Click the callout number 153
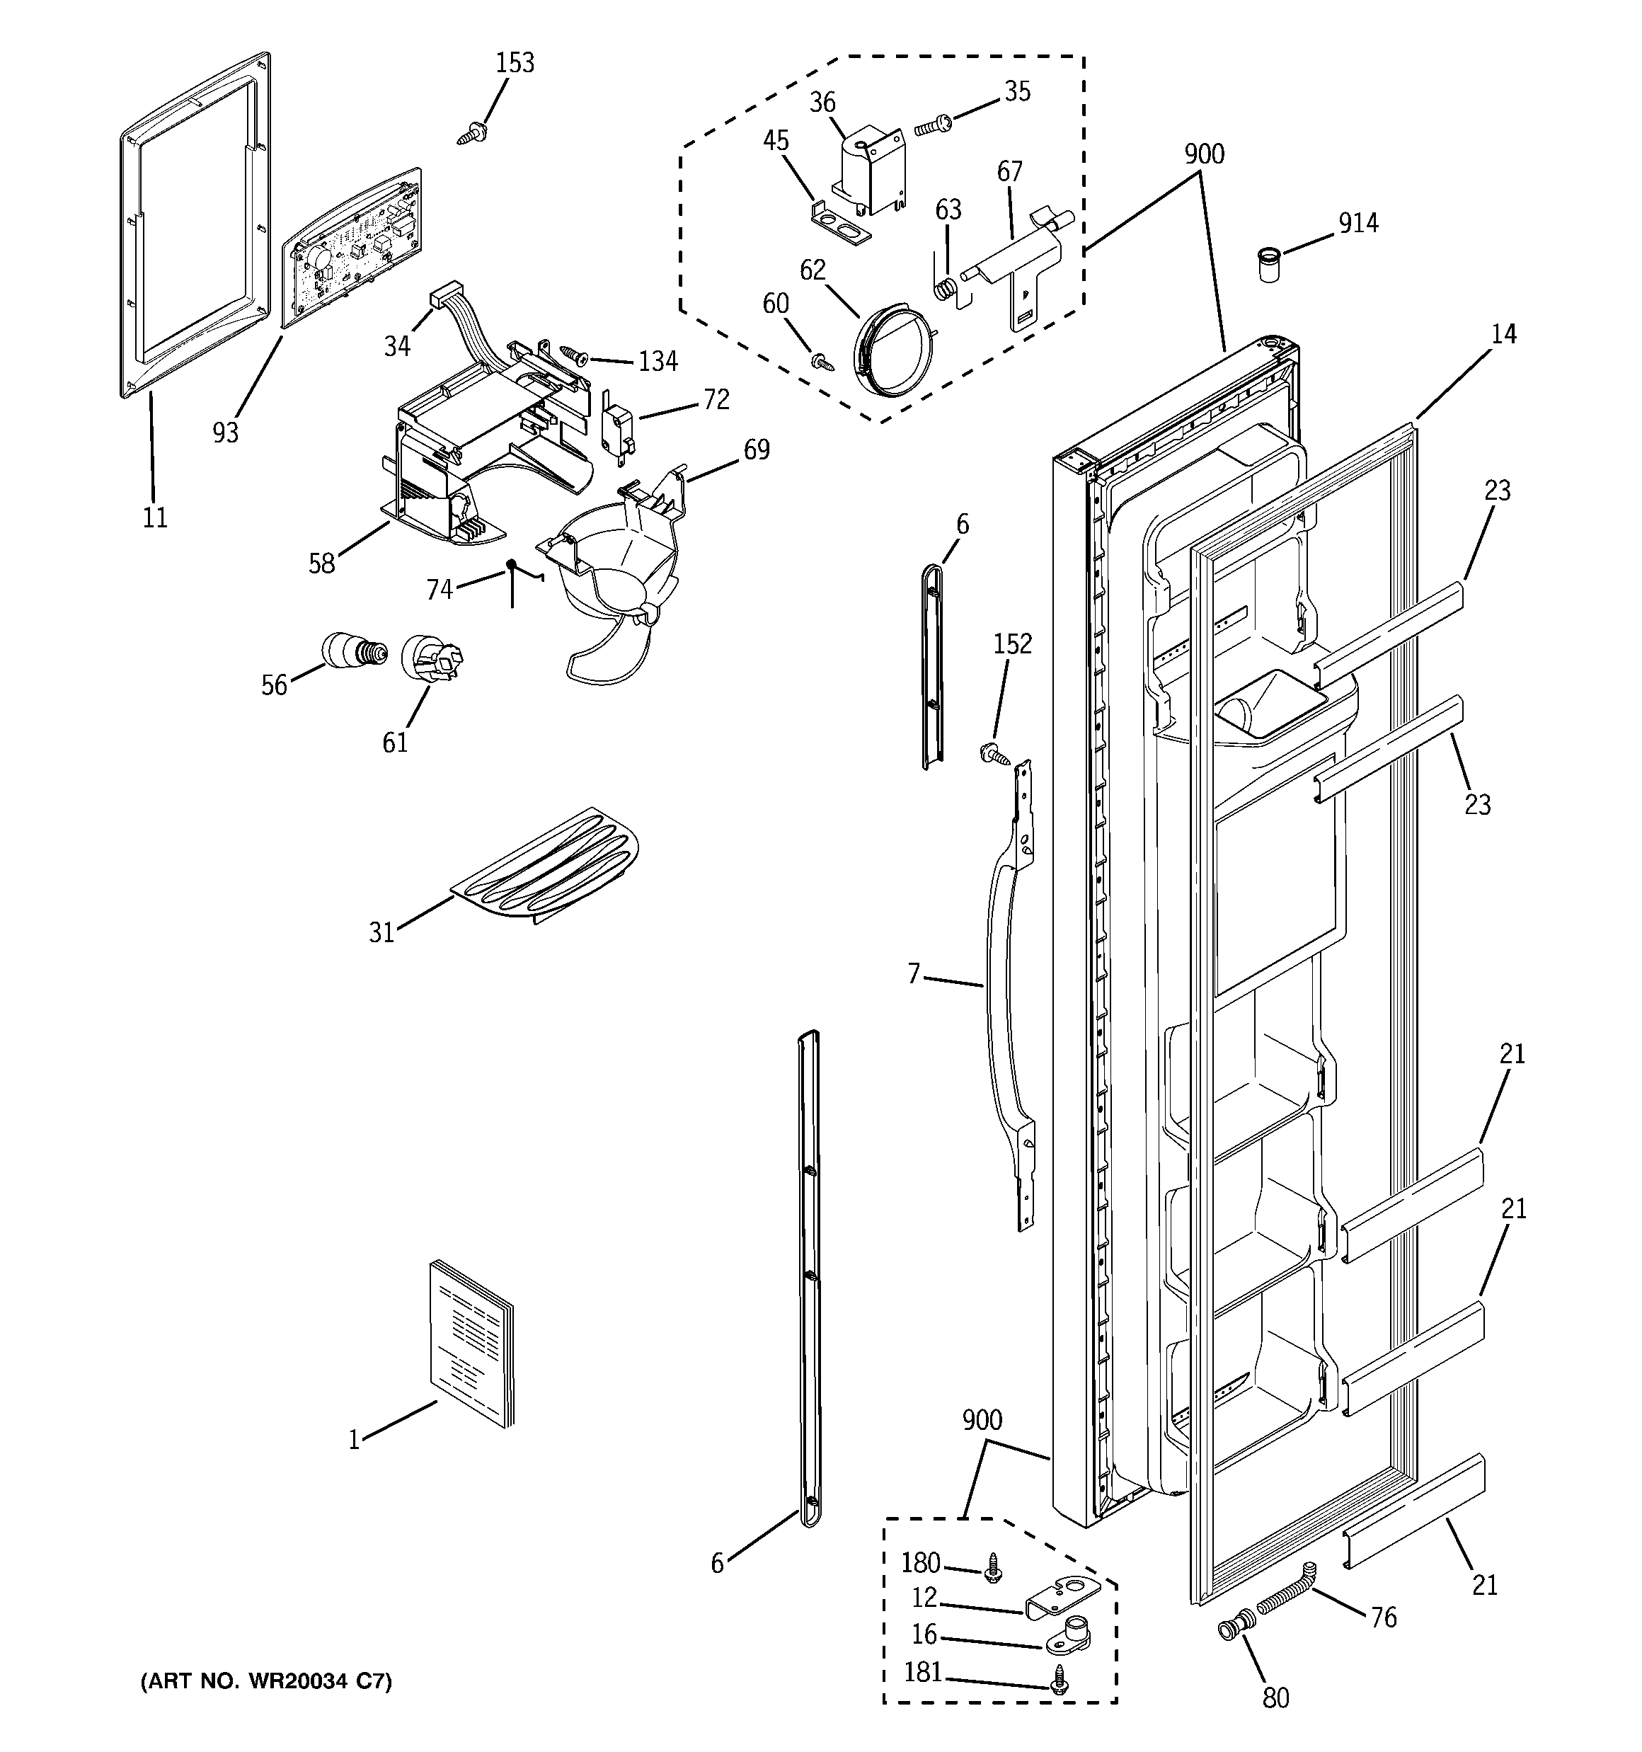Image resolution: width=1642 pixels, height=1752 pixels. coord(515,62)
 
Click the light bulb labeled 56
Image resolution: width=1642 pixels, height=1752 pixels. coord(353,651)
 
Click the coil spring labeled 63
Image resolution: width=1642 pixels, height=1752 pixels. coord(946,287)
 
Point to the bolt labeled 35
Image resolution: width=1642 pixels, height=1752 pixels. coord(931,126)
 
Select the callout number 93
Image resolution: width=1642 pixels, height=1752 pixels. coord(226,432)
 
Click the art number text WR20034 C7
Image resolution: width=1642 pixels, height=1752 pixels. coord(266,1681)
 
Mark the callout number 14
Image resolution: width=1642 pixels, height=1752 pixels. coord(1503,334)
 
